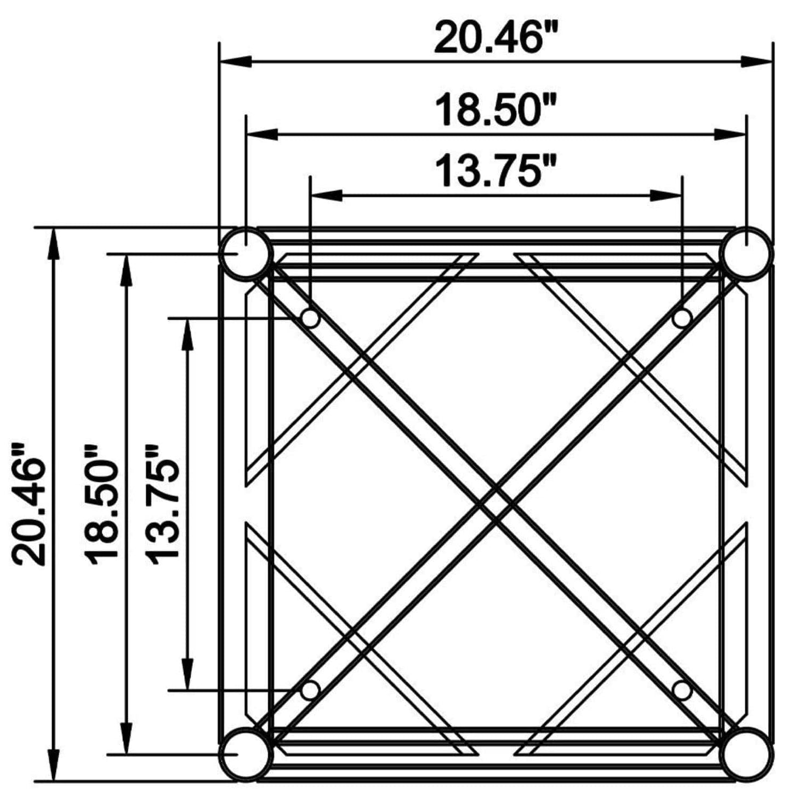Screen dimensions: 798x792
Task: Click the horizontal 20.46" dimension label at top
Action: coord(495,38)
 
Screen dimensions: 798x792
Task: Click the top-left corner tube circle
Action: coord(246,253)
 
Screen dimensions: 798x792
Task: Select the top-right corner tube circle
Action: coord(747,253)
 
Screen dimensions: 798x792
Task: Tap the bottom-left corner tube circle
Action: coord(246,755)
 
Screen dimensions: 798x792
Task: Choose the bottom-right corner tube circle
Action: coord(747,755)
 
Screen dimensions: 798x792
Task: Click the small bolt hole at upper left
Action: coord(310,318)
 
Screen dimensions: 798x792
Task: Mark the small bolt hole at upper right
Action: coord(682,318)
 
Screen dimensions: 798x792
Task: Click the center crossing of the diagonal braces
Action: coord(496,504)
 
